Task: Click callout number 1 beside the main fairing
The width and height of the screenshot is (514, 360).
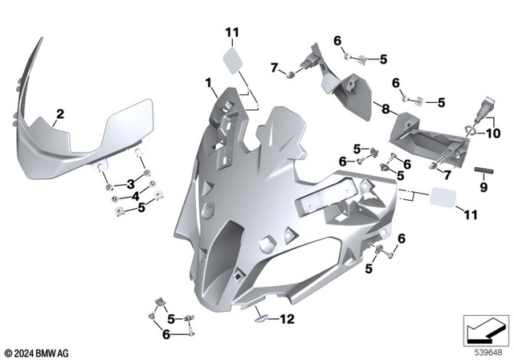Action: [x=209, y=83]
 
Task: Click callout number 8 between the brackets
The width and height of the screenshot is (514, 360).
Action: [x=386, y=108]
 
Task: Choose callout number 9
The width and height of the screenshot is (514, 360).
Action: [x=483, y=188]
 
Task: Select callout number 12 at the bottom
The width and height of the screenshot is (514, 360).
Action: [x=287, y=319]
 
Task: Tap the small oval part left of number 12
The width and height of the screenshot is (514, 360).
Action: [x=261, y=316]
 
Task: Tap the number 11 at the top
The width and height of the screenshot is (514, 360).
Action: [x=232, y=32]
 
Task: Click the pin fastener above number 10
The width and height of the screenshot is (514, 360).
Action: [x=486, y=106]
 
